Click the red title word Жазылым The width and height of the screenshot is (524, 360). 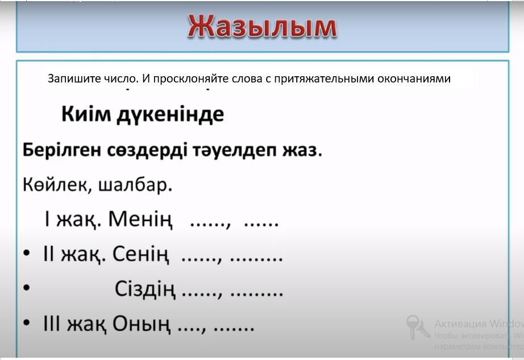[263, 27]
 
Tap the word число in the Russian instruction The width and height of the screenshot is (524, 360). [120, 79]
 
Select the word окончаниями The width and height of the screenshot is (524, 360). [414, 79]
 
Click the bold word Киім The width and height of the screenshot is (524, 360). [86, 114]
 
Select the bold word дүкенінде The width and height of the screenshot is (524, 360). [170, 115]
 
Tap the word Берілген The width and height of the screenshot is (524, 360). [61, 150]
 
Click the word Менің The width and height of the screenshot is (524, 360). [140, 220]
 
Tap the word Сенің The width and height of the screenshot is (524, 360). [140, 254]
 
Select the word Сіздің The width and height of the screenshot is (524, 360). [145, 289]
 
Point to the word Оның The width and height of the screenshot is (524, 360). [141, 324]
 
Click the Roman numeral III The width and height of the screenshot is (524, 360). [52, 324]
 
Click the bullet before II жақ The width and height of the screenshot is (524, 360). [27, 254]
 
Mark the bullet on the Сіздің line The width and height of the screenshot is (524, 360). [27, 288]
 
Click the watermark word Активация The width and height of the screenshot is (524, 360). [460, 324]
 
